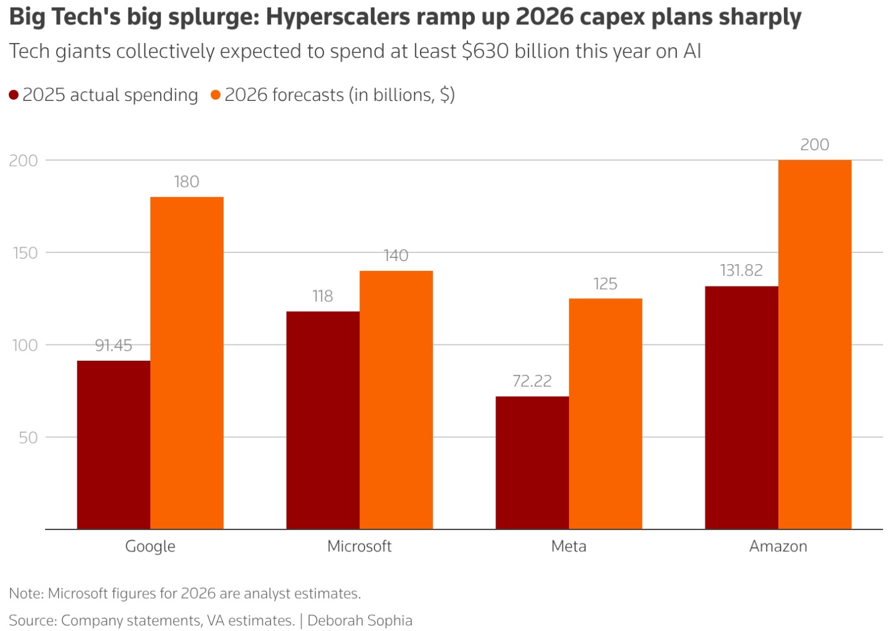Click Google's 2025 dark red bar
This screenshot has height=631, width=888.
[x=113, y=445]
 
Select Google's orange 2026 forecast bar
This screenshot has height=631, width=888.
[x=187, y=363]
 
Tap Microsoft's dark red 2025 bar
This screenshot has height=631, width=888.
[x=323, y=420]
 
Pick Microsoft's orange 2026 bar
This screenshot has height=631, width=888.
[x=396, y=400]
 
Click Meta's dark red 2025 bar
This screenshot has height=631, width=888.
[x=532, y=463]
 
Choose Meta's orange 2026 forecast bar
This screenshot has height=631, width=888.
[x=605, y=414]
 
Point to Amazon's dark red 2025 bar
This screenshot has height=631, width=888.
[x=742, y=407]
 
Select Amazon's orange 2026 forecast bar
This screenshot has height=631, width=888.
[x=814, y=344]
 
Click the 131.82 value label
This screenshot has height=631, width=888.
[x=742, y=270]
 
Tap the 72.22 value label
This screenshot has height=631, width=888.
[x=532, y=381]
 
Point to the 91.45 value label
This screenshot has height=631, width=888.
[x=113, y=345]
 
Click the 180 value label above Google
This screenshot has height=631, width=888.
[x=186, y=181]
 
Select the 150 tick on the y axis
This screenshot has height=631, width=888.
[x=25, y=253]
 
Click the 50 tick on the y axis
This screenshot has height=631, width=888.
[x=28, y=437]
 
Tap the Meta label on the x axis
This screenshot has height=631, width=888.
[x=568, y=546]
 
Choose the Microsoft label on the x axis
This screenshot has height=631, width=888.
[x=359, y=546]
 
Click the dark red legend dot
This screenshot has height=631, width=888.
[x=14, y=95]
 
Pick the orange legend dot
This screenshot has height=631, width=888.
[x=216, y=95]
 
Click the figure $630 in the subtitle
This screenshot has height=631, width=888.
[x=485, y=52]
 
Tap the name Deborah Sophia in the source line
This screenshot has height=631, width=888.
[x=360, y=620]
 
